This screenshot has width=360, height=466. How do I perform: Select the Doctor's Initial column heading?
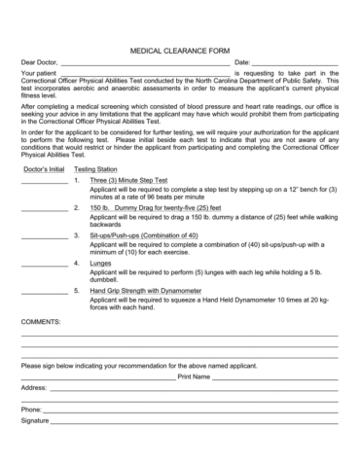click(43, 169)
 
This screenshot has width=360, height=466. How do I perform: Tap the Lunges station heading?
click(101, 263)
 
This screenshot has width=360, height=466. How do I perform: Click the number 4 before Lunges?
click(76, 263)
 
